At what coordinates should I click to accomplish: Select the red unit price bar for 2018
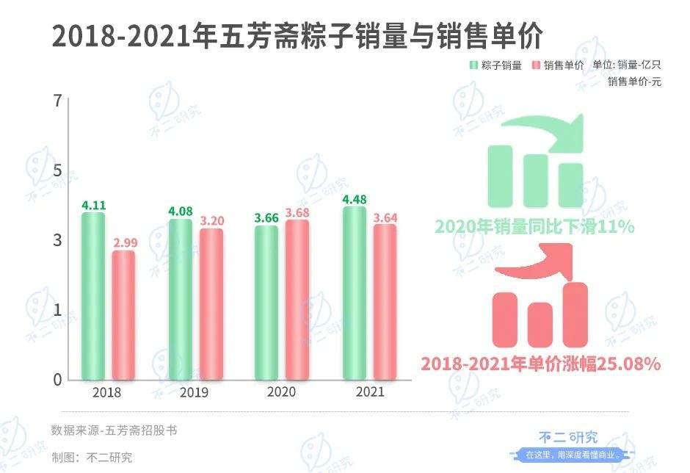124,315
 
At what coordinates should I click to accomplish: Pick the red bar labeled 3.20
211,304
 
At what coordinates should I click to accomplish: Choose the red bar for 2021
385,302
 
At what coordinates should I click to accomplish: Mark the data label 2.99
124,243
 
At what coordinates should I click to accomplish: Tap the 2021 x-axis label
370,392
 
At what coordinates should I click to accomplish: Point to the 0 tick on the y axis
57,380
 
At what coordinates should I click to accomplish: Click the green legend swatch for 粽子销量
473,65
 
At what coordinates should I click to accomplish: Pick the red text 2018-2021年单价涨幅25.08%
541,363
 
